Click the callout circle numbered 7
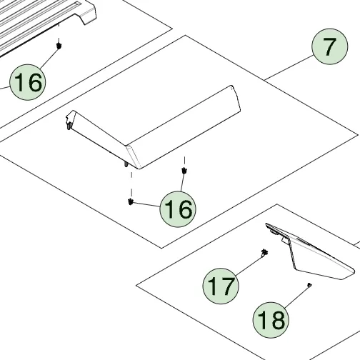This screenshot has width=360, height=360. [x=330, y=46]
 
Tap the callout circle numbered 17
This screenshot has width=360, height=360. [x=221, y=286]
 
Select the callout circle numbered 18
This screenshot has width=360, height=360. [x=271, y=320]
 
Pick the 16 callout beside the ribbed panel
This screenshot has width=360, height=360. [x=28, y=82]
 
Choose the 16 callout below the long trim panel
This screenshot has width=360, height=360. [x=178, y=209]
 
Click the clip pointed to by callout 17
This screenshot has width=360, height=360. [x=264, y=253]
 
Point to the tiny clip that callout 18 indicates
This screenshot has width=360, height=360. [x=309, y=285]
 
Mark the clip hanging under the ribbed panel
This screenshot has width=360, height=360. [x=59, y=45]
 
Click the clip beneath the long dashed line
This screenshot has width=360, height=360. [x=130, y=201]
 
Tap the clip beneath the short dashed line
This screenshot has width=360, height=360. [x=184, y=171]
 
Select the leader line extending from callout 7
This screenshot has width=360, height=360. [x=289, y=67]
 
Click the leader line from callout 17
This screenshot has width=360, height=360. [x=249, y=265]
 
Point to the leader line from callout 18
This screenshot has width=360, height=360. [x=296, y=296]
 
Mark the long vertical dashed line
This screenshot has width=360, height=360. [x=131, y=184]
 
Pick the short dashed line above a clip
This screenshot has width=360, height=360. [x=184, y=161]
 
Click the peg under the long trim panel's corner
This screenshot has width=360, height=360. [x=126, y=164]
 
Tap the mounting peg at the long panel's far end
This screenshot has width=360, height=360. [x=69, y=126]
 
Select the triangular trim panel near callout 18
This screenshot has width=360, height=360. [x=309, y=251]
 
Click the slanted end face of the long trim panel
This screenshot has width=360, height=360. [x=134, y=156]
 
